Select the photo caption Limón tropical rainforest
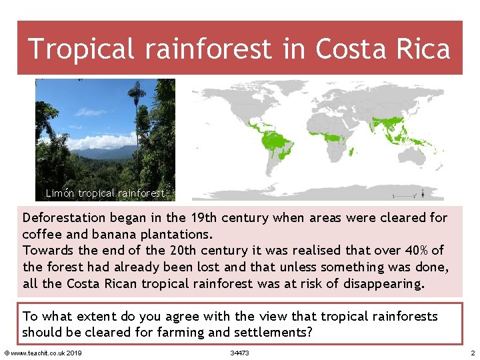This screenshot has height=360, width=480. click(105, 193)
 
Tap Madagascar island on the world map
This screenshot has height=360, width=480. click(351, 152)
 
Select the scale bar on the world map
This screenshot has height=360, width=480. click(403, 195)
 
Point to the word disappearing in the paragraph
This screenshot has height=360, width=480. click(383, 283)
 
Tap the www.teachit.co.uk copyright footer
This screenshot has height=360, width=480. click(43, 353)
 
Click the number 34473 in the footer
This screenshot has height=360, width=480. click(239, 353)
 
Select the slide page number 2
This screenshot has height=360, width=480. click(472, 353)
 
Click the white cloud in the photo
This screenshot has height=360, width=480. click(100, 142)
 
